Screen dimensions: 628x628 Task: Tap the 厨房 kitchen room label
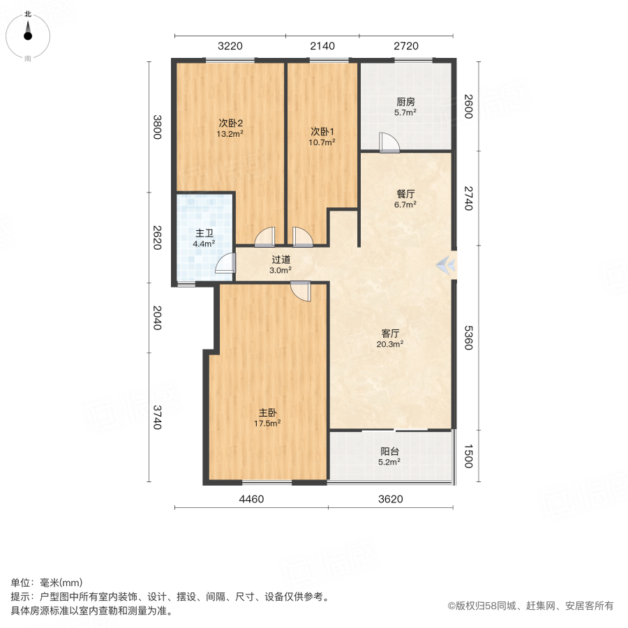coord(405,100)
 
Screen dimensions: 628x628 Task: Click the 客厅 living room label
coord(390,332)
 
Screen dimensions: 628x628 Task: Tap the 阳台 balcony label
coord(390,451)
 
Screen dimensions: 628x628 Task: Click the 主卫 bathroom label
coord(204,233)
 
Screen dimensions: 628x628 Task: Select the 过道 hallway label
coord(281,259)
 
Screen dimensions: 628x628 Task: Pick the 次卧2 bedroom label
coord(230,123)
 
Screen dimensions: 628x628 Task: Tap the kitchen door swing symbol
coord(389,142)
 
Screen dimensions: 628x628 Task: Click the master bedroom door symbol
coord(301,290)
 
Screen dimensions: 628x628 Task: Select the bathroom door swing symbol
coord(225,263)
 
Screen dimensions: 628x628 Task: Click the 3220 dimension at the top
coord(230,46)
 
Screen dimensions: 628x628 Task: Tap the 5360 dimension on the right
coord(468,338)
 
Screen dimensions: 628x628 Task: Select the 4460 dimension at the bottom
coord(251,499)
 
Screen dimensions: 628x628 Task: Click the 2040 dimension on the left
coord(157,318)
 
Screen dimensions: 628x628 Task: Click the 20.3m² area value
coord(390,343)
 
